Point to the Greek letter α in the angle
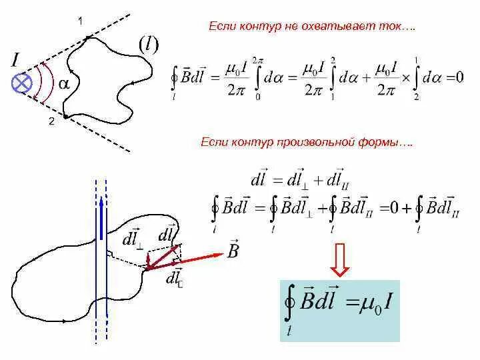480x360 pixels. tap(64, 85)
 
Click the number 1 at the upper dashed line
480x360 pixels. tap(80, 21)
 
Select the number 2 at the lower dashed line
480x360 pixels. tap(51, 121)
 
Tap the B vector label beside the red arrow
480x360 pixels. tap(233, 250)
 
